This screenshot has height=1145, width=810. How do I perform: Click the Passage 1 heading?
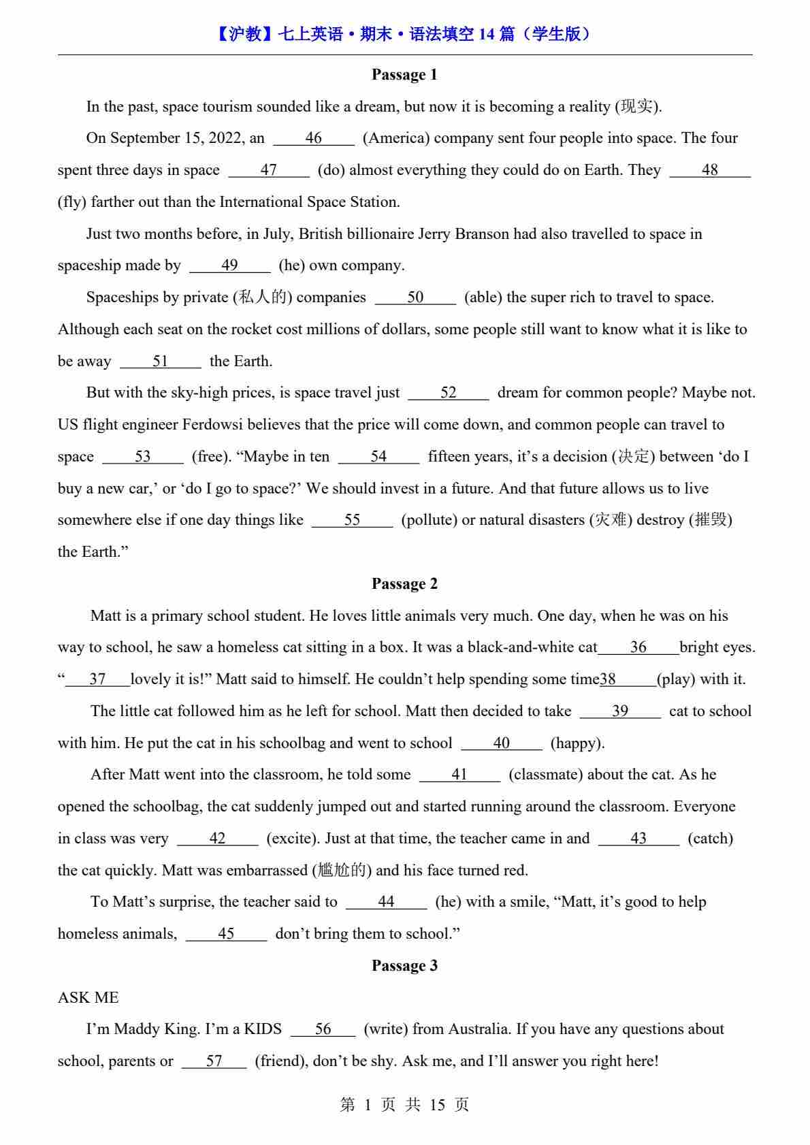point(404,75)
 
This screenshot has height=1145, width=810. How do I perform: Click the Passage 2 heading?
point(404,584)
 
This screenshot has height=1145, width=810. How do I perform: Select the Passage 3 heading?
point(404,966)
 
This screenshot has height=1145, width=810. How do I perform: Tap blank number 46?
point(314,138)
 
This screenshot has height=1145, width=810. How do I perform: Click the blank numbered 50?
point(415,297)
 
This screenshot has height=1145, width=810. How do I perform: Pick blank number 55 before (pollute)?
point(352,520)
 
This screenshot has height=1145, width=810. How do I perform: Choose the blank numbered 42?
point(217,839)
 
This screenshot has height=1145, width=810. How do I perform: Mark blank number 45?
point(226,934)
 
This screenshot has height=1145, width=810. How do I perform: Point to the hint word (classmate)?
point(545,775)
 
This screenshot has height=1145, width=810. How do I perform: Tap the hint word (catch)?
point(710,839)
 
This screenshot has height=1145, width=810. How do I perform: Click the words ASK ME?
point(88,998)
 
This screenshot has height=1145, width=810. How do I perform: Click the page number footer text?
point(404,1105)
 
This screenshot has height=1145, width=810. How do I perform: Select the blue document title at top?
point(404,34)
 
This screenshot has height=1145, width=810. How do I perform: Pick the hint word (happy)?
point(577,743)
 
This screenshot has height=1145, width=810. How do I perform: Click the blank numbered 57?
point(214,1061)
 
